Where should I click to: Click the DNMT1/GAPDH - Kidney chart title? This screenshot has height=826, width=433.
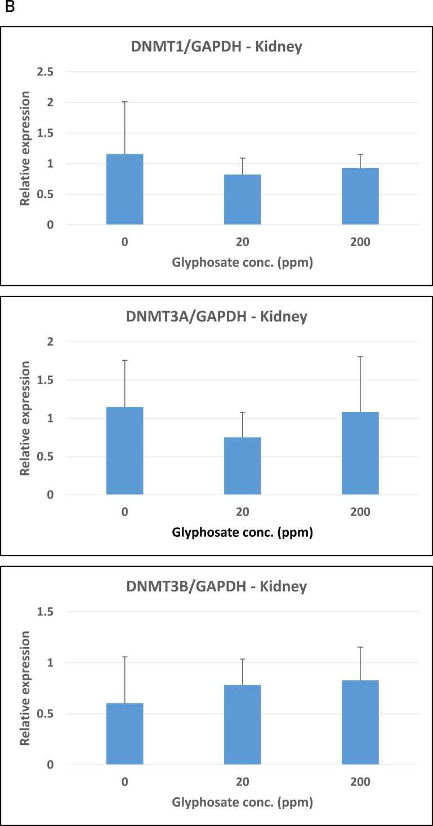216,47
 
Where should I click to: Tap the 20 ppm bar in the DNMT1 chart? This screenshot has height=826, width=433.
242,200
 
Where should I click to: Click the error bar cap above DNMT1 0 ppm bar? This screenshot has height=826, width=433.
124,102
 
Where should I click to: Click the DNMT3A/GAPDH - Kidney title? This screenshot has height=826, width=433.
216,317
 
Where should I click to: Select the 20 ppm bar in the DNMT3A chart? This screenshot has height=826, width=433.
242,466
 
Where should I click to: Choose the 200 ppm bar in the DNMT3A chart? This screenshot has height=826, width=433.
360,453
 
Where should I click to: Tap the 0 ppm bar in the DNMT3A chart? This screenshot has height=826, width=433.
124,451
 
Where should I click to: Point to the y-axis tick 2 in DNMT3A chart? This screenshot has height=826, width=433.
50,342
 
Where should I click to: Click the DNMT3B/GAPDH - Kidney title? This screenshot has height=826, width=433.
216,587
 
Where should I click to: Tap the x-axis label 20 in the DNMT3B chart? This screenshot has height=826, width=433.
242,782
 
